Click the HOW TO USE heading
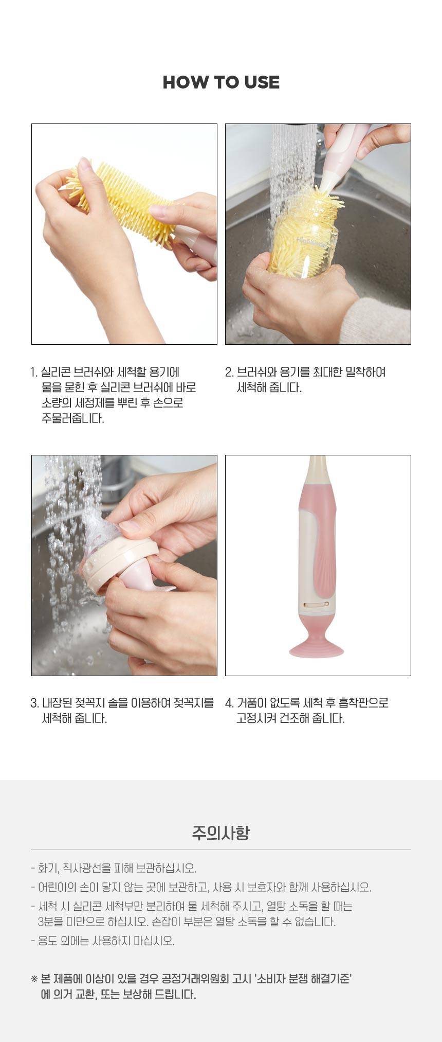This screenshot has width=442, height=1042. click(x=221, y=82)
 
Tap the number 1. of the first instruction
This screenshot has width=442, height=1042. click(x=34, y=372)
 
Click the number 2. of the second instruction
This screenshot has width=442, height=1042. click(x=229, y=372)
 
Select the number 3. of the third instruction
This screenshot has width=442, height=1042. click(x=34, y=703)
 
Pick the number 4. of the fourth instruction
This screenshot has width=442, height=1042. click(x=229, y=703)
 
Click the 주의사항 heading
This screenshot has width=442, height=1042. click(x=221, y=833)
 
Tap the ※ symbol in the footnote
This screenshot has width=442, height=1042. click(x=34, y=979)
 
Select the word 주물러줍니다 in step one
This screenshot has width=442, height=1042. click(x=72, y=418)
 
